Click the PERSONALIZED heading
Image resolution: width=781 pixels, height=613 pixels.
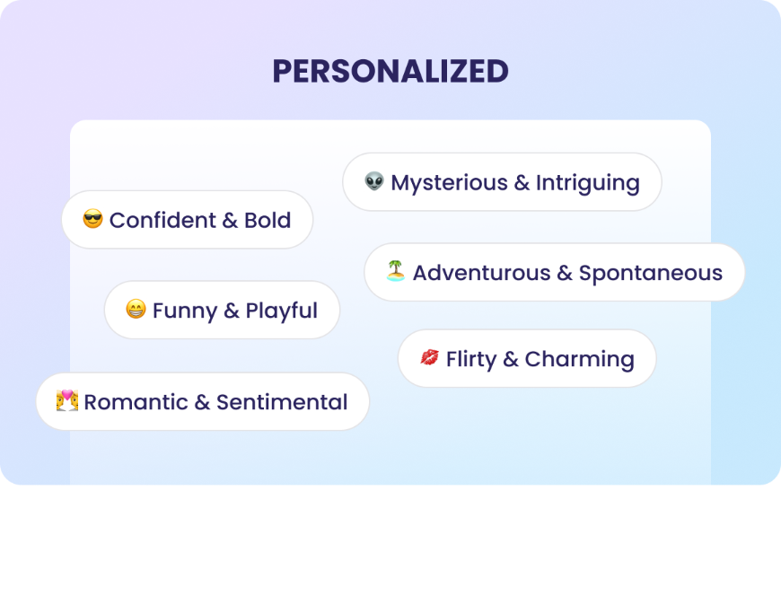[390, 71]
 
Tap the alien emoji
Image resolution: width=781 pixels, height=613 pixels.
[374, 182]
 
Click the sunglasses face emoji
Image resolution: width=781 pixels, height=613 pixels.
[92, 219]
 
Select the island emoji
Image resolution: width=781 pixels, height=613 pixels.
[396, 271]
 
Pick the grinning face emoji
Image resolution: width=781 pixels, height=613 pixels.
[136, 311]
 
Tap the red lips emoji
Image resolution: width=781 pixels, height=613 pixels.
[430, 358]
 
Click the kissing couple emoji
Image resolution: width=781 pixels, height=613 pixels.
[67, 401]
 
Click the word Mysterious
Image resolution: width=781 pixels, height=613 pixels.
[449, 183]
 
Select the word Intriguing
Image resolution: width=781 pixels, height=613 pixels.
[587, 183]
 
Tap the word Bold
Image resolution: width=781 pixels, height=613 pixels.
[268, 220]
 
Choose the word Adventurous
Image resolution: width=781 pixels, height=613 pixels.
[481, 273]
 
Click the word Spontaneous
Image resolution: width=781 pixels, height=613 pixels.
[650, 273]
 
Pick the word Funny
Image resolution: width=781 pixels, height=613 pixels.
[184, 311]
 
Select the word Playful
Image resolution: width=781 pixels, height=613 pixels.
[281, 311]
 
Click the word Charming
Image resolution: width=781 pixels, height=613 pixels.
[579, 360]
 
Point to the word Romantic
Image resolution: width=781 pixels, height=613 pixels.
[136, 402]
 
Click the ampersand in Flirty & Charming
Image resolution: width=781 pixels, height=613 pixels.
[511, 360]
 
